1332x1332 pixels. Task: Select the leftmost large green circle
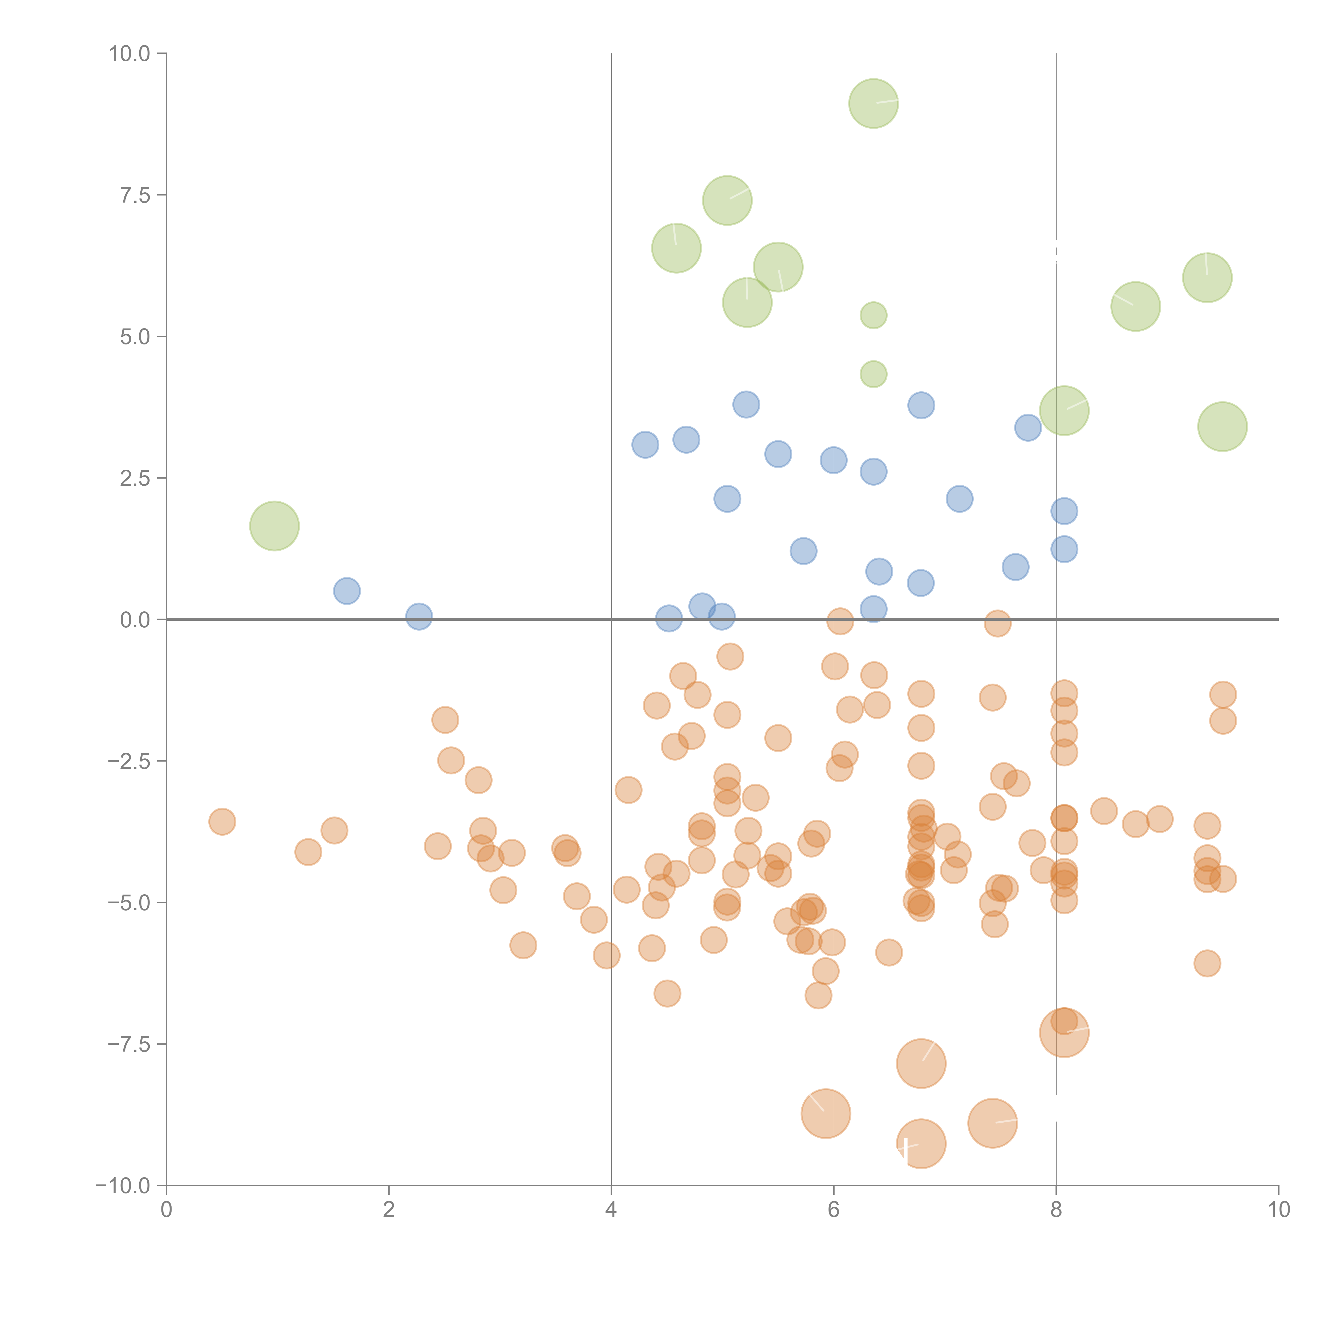click(274, 526)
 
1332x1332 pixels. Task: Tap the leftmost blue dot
click(347, 591)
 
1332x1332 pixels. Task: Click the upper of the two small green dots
click(874, 316)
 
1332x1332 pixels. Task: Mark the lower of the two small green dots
click(874, 374)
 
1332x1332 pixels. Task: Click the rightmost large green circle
click(1223, 427)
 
